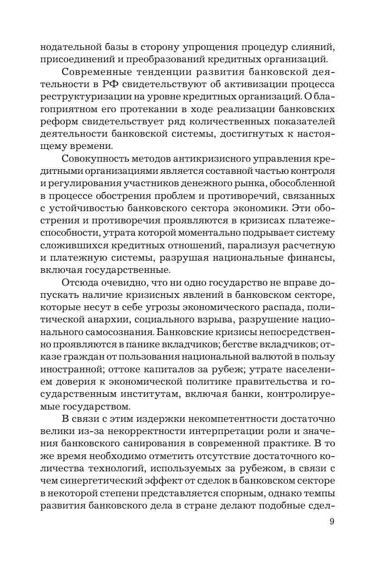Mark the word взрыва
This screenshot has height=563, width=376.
[x=211, y=319]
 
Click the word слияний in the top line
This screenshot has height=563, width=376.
[x=310, y=47]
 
